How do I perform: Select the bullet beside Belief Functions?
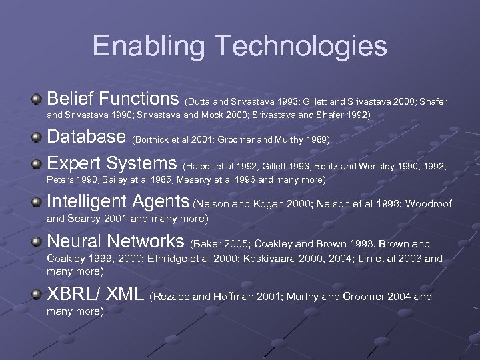tap(37, 100)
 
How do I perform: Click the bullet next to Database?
tap(37, 138)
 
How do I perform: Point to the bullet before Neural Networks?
tap(37, 242)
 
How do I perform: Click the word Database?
tap(87, 137)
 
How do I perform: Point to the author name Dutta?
tap(201, 102)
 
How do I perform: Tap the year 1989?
tap(319, 140)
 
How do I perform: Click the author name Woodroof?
tap(428, 204)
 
